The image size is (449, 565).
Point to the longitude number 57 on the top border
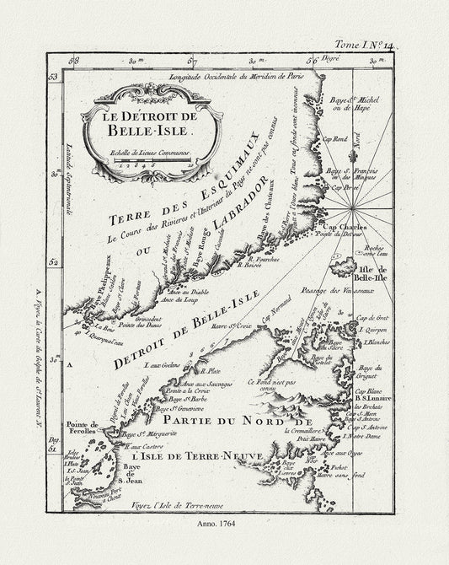point(192,62)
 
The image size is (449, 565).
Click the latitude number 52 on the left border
point(53,262)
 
